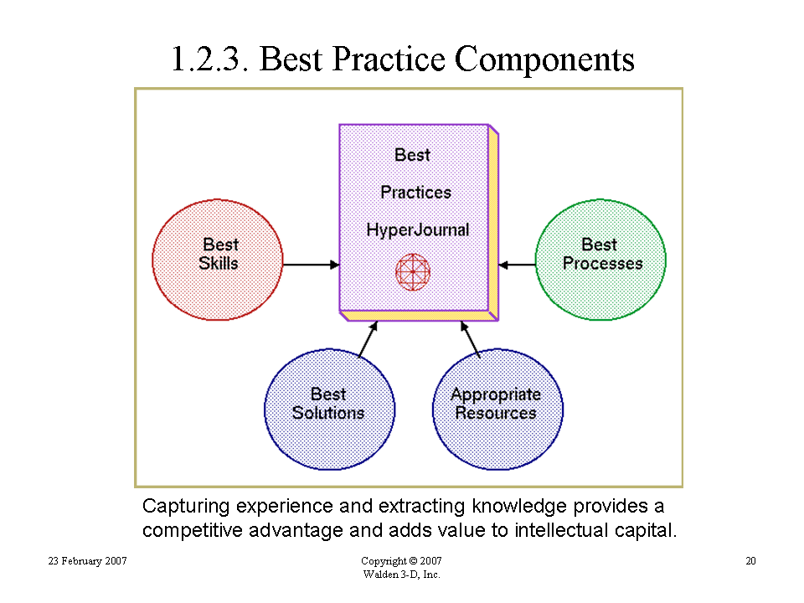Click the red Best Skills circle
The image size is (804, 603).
218,260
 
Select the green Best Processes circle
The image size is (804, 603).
600,260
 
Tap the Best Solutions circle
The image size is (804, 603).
330,410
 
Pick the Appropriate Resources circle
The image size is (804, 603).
497,410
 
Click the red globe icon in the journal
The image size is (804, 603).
413,271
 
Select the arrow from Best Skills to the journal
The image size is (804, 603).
312,265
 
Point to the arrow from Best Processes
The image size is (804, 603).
517,265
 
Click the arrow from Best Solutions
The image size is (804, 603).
368,339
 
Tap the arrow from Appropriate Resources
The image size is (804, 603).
470,339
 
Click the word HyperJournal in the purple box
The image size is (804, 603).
418,229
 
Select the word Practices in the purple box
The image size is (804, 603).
416,193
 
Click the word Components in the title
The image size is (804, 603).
544,59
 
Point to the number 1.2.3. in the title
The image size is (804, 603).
209,59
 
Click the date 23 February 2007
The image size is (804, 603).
88,561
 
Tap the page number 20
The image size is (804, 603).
750,561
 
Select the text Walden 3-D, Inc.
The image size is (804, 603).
401,575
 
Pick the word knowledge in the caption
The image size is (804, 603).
519,506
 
